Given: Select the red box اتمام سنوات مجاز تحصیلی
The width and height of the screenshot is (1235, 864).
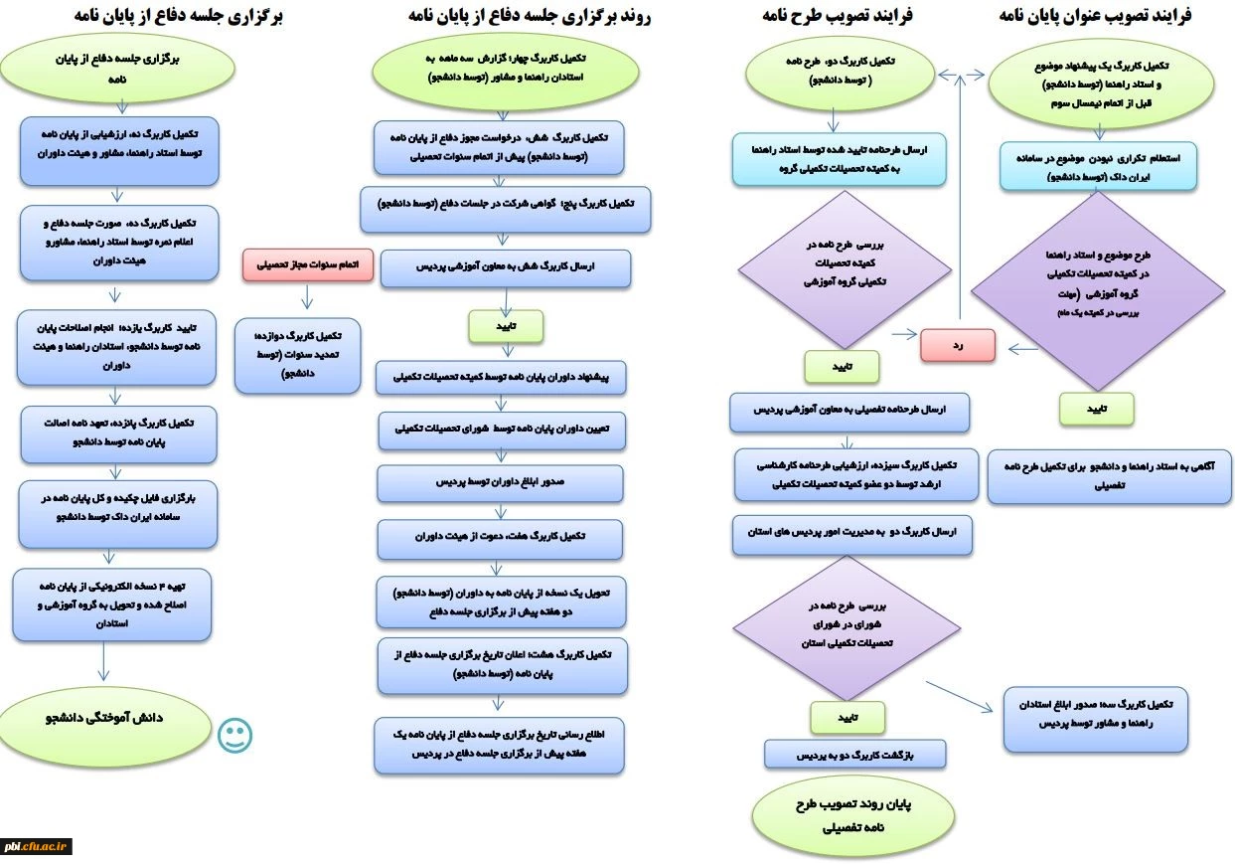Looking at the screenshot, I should [307, 265].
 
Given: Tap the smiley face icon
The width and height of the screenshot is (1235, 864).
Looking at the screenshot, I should [235, 736].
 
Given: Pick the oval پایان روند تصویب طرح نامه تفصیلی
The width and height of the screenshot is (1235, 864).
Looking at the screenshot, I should [853, 813].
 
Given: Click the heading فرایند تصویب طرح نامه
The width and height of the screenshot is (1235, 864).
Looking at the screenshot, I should [839, 16].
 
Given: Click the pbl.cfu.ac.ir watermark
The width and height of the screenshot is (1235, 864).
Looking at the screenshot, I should [36, 846].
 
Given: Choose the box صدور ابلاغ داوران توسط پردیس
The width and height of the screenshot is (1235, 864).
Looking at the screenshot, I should [500, 482].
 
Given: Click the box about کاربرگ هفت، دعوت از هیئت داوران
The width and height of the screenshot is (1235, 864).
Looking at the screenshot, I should [500, 537].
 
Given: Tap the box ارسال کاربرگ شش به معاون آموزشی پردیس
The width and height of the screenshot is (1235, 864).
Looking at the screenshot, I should [505, 267].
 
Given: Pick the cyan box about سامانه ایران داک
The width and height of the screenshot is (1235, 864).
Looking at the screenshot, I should [1098, 166].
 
